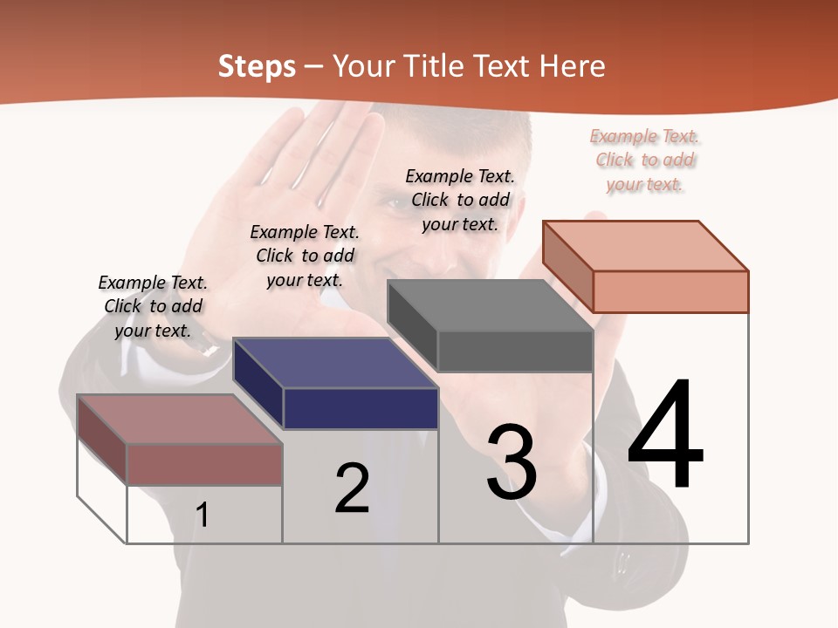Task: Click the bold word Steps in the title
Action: pos(257,66)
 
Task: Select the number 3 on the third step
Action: pos(512,462)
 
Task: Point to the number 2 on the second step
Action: pos(353,488)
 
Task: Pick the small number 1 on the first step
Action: pos(202,515)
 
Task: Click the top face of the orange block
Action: pos(644,246)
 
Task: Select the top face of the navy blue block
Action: pos(335,363)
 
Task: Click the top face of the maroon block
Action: pos(179,419)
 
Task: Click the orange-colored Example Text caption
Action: pos(644,160)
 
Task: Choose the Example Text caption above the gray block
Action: pos(460,200)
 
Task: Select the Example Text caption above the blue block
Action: pos(305,256)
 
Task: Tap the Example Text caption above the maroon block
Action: pos(153,306)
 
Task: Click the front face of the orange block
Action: pos(670,291)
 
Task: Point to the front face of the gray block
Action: pos(515,352)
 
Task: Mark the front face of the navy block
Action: pos(361,408)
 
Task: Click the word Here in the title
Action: pos(573,66)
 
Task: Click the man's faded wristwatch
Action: pos(207,346)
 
